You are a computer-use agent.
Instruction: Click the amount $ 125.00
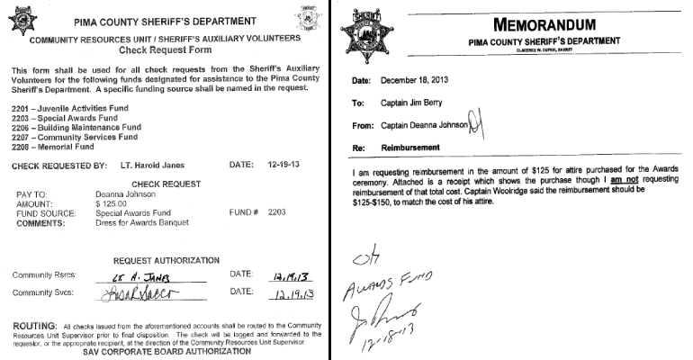point(112,204)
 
